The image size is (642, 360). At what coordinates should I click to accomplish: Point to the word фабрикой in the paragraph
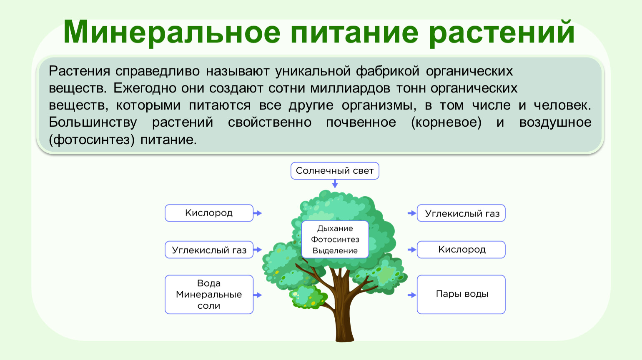[x=388, y=71]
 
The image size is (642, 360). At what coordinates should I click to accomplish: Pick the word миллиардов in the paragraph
[x=350, y=88]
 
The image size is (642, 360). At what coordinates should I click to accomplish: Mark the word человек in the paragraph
[x=562, y=105]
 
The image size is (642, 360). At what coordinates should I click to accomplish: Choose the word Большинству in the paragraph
[x=93, y=123]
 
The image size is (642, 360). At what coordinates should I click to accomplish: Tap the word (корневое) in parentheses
[x=446, y=123]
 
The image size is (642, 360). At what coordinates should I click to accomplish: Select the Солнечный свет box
[x=335, y=171]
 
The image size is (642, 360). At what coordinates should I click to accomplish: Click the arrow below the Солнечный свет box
[x=335, y=184]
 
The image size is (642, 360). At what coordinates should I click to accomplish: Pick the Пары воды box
[x=461, y=295]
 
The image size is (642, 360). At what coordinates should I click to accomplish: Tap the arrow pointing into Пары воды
[x=412, y=295]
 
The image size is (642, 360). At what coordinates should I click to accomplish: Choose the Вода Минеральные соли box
[x=209, y=295]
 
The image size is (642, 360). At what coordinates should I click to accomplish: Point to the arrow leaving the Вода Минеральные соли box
[x=258, y=295]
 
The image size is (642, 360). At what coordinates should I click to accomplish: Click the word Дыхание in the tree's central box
[x=335, y=229]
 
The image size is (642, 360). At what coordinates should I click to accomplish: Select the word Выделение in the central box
[x=335, y=251]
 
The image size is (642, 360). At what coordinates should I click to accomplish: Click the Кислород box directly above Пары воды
[x=461, y=250]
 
